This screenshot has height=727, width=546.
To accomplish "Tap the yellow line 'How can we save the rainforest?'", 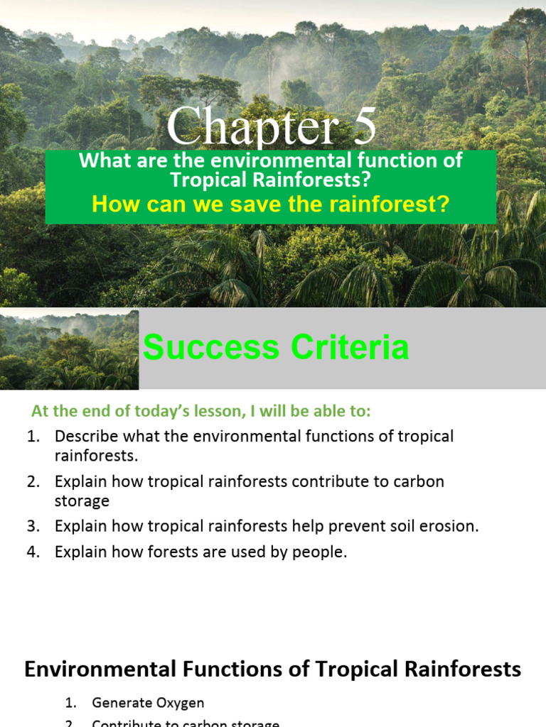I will (271, 204).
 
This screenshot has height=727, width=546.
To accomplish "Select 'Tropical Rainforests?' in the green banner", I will (271, 180).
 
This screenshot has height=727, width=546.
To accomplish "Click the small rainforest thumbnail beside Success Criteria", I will (69, 349).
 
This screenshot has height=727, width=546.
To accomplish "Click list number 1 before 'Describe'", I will (33, 436).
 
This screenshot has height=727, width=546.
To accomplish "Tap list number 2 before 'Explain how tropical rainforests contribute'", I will (33, 481).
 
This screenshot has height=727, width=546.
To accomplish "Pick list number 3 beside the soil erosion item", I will (33, 526).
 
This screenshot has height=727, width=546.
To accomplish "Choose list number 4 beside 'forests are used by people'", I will (33, 552).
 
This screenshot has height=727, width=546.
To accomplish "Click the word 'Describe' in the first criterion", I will (85, 436).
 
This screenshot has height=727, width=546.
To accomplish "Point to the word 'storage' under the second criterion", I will (82, 501).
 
